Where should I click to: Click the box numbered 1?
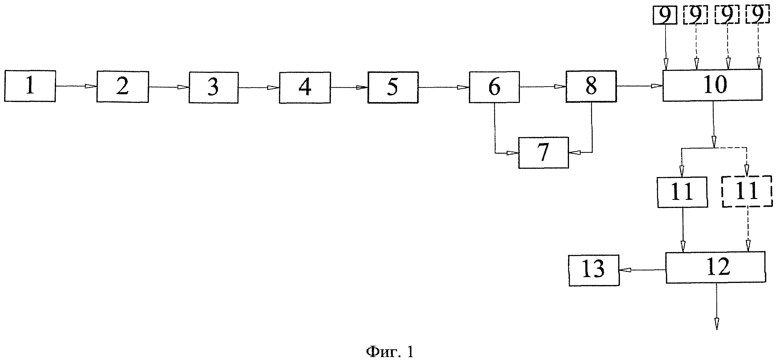coord(30,86)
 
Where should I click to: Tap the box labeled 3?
coord(214,88)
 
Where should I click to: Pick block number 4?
coord(305,88)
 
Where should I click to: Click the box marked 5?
coord(393,88)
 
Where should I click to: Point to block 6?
coord(494,87)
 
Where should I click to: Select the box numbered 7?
coord(543,153)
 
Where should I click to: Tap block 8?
coord(591,86)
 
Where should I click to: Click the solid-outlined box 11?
coord(682,192)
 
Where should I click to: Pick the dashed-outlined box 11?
coord(747,191)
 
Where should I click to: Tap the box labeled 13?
coord(594,270)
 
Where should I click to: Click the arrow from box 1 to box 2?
coord(76,86)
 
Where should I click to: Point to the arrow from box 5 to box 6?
coord(443,88)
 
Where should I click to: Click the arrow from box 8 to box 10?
coord(639,86)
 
